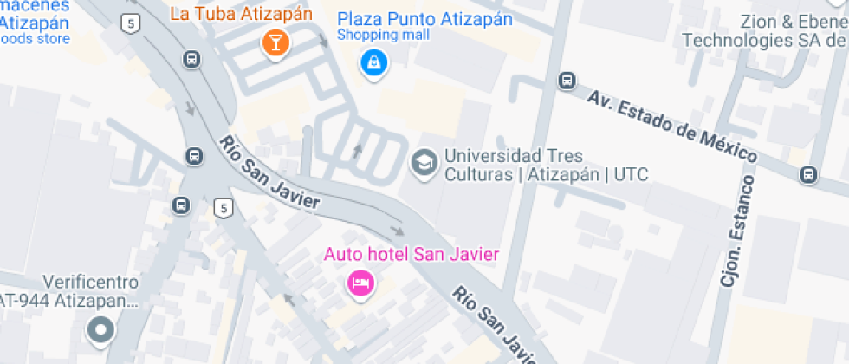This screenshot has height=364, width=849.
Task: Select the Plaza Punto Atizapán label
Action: [x=424, y=19]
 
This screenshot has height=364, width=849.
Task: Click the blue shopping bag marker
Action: [x=373, y=62]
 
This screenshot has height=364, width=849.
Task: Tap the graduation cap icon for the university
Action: [x=424, y=162]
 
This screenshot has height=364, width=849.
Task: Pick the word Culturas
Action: [x=478, y=175]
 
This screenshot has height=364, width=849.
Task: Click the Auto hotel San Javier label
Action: [x=412, y=254]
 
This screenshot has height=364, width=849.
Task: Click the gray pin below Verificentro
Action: [x=101, y=329]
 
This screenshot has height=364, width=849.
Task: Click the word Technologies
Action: [x=735, y=40]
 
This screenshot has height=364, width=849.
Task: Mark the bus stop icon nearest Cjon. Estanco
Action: [x=807, y=174]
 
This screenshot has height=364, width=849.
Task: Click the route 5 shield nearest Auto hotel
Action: [x=224, y=208]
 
